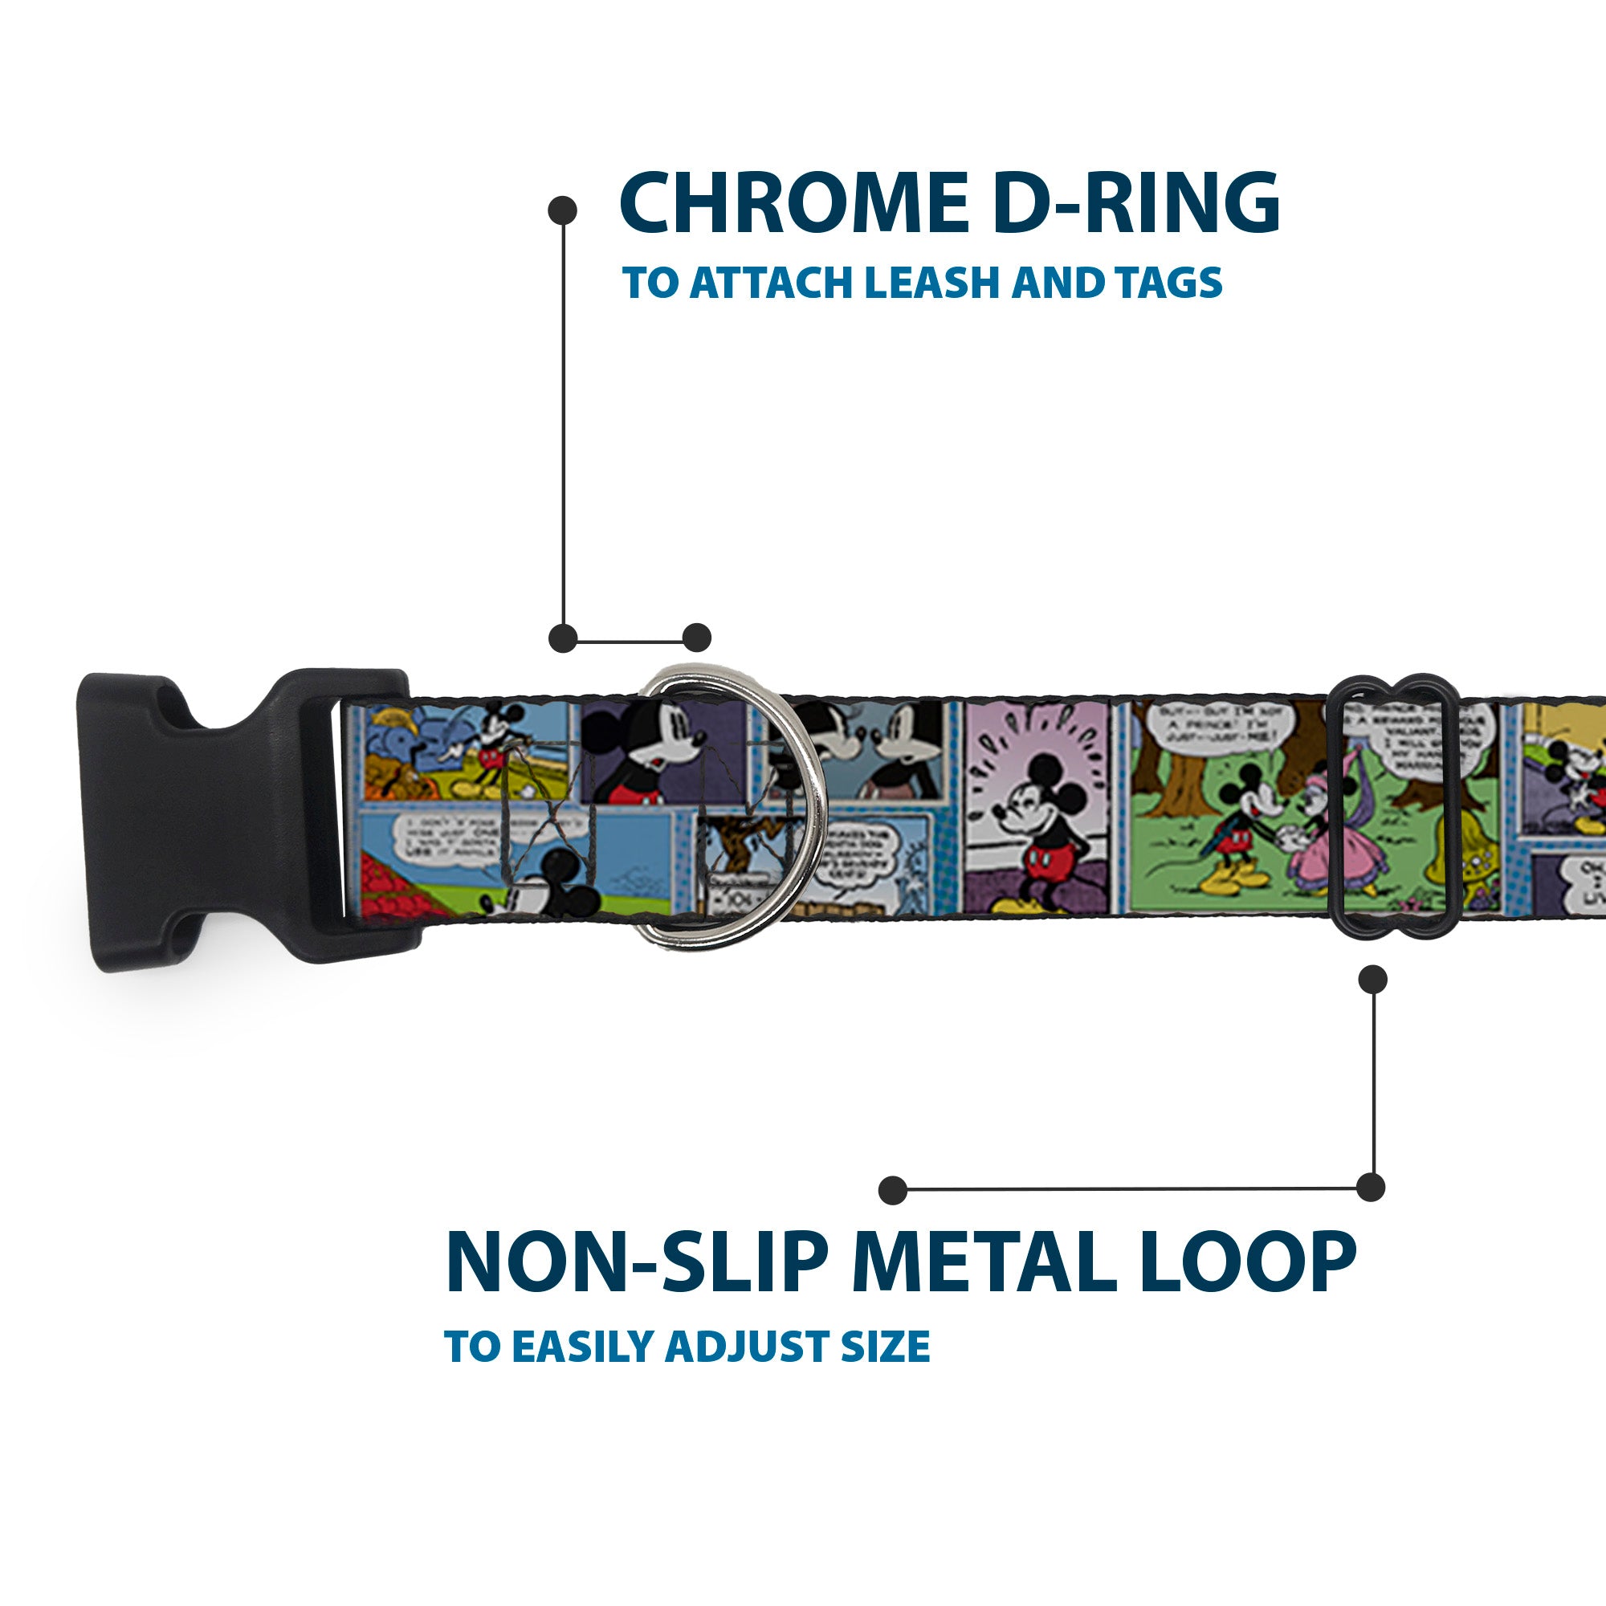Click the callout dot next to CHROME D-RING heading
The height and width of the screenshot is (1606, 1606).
tap(563, 210)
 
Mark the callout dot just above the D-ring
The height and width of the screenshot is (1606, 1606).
tap(696, 638)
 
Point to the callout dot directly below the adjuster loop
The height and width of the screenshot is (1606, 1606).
tap(1372, 979)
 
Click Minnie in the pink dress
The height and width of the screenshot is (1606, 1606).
tap(1314, 840)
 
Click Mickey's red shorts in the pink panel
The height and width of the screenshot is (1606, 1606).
tap(1049, 855)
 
